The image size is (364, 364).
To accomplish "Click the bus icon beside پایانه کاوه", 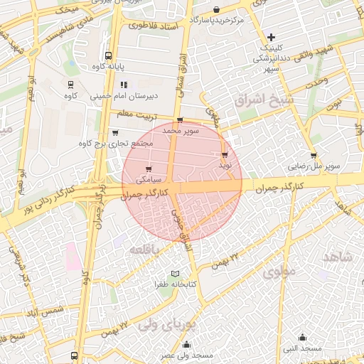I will click(x=108, y=55).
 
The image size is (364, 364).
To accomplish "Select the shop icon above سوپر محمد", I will click(x=179, y=120).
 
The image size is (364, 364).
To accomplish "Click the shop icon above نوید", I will click(x=225, y=154).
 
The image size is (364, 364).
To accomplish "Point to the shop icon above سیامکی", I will click(x=148, y=169).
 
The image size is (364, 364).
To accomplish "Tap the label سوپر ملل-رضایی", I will click(x=315, y=166).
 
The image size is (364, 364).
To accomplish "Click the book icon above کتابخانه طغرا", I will click(x=175, y=274).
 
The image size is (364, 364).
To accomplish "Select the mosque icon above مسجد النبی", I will click(x=303, y=337).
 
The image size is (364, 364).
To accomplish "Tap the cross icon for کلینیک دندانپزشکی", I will click(x=271, y=36).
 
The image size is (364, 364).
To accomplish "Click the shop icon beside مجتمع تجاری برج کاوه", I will click(x=115, y=132).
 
